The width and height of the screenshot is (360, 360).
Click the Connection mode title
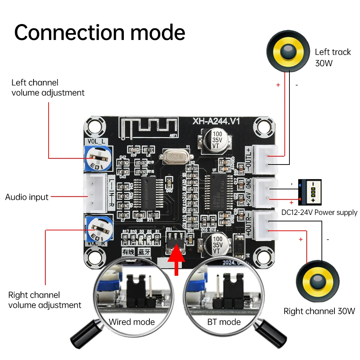point(100,32)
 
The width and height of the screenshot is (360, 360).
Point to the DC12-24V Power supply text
point(319,212)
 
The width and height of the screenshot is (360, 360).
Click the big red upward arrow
point(177,261)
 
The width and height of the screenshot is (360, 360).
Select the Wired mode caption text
point(132,321)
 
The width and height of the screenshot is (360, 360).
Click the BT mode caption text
point(224,321)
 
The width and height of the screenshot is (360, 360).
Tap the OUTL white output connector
point(265,159)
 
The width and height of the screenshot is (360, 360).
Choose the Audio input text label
point(27,197)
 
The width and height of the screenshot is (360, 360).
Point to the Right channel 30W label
point(319,311)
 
